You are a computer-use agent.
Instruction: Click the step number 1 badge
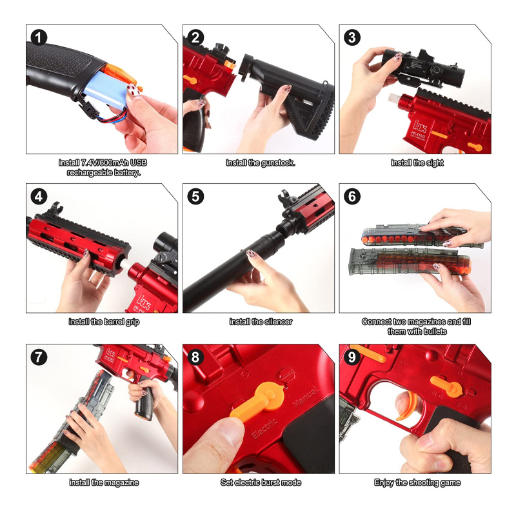tap(39, 37)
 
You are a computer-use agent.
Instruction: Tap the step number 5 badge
tap(195, 197)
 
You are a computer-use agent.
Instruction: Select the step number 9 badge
tap(352, 357)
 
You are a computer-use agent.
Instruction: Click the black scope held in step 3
tap(423, 68)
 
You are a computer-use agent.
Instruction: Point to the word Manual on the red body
tap(306, 397)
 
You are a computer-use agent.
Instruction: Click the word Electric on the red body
tap(265, 428)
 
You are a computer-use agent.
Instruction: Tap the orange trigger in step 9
tap(408, 406)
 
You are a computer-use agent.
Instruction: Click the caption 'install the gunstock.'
tap(261, 163)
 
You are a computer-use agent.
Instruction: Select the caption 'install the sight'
tap(417, 163)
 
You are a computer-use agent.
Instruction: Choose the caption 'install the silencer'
tap(261, 322)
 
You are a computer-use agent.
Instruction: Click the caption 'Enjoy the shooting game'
tap(417, 482)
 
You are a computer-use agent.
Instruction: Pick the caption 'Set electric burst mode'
tap(261, 482)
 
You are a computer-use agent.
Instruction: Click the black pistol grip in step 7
tap(144, 403)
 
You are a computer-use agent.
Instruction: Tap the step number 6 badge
tap(352, 197)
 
